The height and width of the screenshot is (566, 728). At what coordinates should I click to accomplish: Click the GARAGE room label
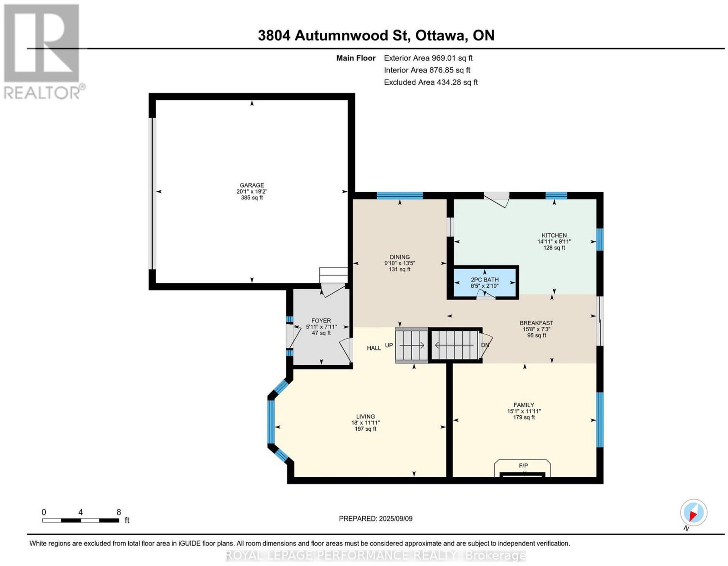point(252,185)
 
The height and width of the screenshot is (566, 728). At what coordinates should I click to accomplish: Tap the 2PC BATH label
point(485,280)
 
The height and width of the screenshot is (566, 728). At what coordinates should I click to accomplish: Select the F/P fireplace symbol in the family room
point(523,468)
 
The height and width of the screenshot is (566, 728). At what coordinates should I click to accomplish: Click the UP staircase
point(411,345)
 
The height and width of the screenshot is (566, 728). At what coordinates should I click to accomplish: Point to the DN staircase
point(455,345)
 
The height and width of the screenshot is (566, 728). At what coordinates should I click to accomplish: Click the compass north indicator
point(693,513)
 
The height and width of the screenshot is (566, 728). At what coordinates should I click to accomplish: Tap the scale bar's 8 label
point(119,512)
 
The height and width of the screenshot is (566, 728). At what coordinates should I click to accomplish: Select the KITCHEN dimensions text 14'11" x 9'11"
point(554,241)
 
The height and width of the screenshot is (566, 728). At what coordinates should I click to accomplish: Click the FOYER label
point(321,321)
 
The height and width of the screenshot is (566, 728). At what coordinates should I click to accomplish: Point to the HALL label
point(374,348)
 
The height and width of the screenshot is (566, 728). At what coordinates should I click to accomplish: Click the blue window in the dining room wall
point(399,195)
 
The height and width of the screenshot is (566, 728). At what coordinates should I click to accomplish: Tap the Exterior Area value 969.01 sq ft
point(452,58)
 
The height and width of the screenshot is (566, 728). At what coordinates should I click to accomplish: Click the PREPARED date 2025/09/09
point(396,518)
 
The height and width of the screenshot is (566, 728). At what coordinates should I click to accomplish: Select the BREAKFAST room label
point(536,323)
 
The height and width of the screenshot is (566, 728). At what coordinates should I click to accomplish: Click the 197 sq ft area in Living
point(365,428)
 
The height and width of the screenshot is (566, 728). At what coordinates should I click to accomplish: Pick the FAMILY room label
point(524,405)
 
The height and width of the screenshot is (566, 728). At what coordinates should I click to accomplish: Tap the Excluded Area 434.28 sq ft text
point(431,82)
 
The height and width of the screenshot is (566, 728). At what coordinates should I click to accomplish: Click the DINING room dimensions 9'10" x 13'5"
point(399,263)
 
